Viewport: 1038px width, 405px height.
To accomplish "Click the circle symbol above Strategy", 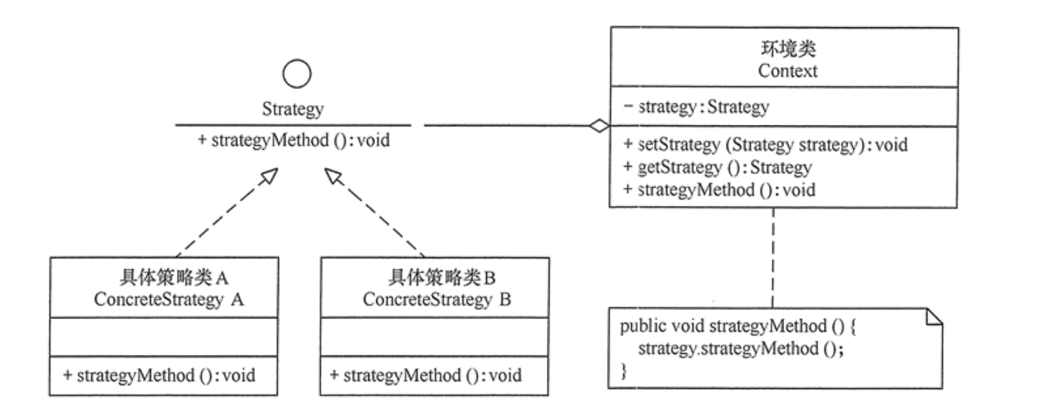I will pyautogui.click(x=297, y=74).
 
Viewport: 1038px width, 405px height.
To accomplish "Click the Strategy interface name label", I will pyautogui.click(x=293, y=109).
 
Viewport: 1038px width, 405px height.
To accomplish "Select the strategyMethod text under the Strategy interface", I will pyautogui.click(x=294, y=140).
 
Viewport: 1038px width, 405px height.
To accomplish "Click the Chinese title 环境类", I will pyautogui.click(x=788, y=48).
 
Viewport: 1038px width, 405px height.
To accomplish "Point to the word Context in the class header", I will pyautogui.click(x=787, y=71).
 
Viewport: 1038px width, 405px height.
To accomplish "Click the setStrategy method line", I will pyautogui.click(x=765, y=145).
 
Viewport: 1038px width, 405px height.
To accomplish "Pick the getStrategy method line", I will pyautogui.click(x=717, y=167).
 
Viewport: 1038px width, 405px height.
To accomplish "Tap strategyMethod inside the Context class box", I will pyautogui.click(x=719, y=190).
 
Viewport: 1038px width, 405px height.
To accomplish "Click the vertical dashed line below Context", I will pyautogui.click(x=773, y=257).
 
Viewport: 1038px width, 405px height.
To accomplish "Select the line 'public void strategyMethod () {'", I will pyautogui.click(x=738, y=326).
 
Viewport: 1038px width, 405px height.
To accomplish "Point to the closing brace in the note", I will pyautogui.click(x=624, y=371).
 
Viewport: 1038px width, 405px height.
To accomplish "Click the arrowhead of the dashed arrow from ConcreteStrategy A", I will pyautogui.click(x=270, y=176).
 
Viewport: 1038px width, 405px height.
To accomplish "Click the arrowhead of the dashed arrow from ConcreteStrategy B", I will pyautogui.click(x=333, y=176).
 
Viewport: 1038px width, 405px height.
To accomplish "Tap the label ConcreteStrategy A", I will pyautogui.click(x=168, y=299).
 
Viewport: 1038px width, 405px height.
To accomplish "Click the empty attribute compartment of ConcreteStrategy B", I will pyautogui.click(x=434, y=337).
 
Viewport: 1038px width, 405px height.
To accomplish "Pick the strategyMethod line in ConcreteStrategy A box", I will pyautogui.click(x=159, y=376).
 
